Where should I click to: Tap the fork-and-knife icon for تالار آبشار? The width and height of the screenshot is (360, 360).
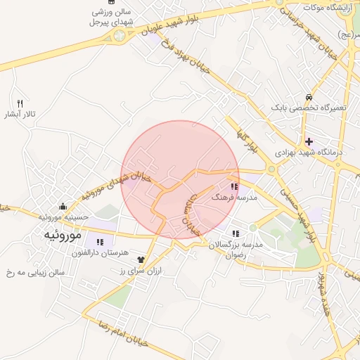20,103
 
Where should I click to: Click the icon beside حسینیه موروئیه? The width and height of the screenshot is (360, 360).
63,207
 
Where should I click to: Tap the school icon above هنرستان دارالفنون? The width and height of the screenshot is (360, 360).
91,243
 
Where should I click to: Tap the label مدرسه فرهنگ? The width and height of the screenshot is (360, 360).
237,198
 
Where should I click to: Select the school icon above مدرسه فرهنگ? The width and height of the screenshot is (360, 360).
234,187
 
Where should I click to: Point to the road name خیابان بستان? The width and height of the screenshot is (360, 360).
192,215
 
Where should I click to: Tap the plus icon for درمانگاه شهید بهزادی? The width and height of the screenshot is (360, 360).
309,141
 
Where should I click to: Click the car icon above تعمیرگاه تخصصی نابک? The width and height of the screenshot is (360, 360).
309,97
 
